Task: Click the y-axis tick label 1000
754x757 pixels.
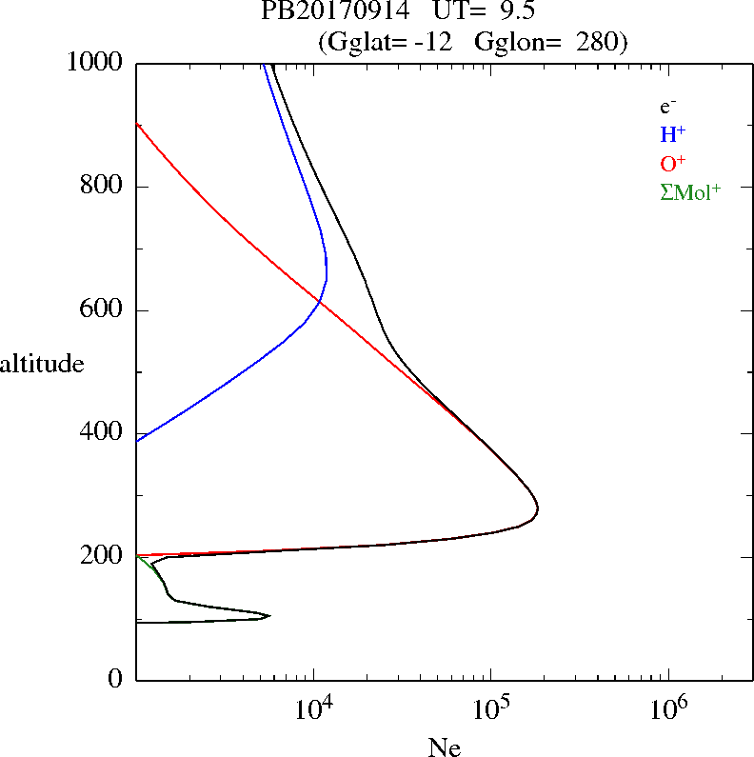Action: (95, 63)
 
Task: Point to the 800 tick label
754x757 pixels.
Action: (103, 187)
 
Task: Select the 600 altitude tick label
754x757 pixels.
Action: (103, 310)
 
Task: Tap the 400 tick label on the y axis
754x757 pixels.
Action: (103, 433)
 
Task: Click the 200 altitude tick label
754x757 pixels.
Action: (103, 556)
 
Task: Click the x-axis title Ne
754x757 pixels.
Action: (444, 747)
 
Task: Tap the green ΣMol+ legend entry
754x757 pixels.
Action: (690, 191)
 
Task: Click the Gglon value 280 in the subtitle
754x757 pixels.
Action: (598, 42)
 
